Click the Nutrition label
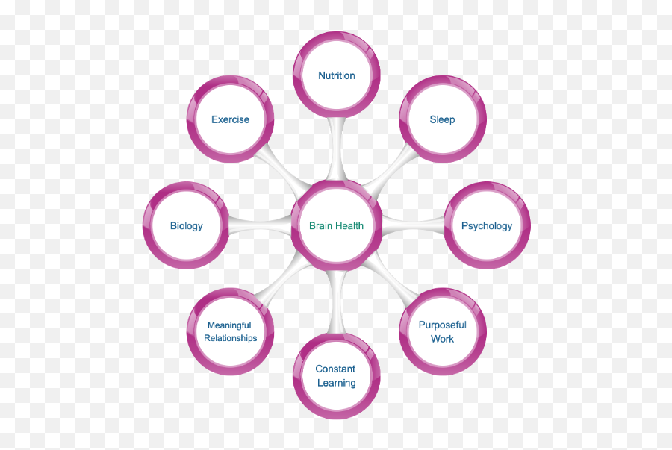point(337,75)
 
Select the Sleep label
point(442,119)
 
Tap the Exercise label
point(230,119)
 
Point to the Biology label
point(186,226)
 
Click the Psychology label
point(487,226)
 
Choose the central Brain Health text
point(337,226)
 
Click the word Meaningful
point(229,325)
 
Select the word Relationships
point(231,338)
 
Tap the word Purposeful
point(442,325)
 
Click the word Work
point(442,339)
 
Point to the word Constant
point(336,369)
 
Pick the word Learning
point(336,383)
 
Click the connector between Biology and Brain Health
point(258,225)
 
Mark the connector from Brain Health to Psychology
point(414,224)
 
